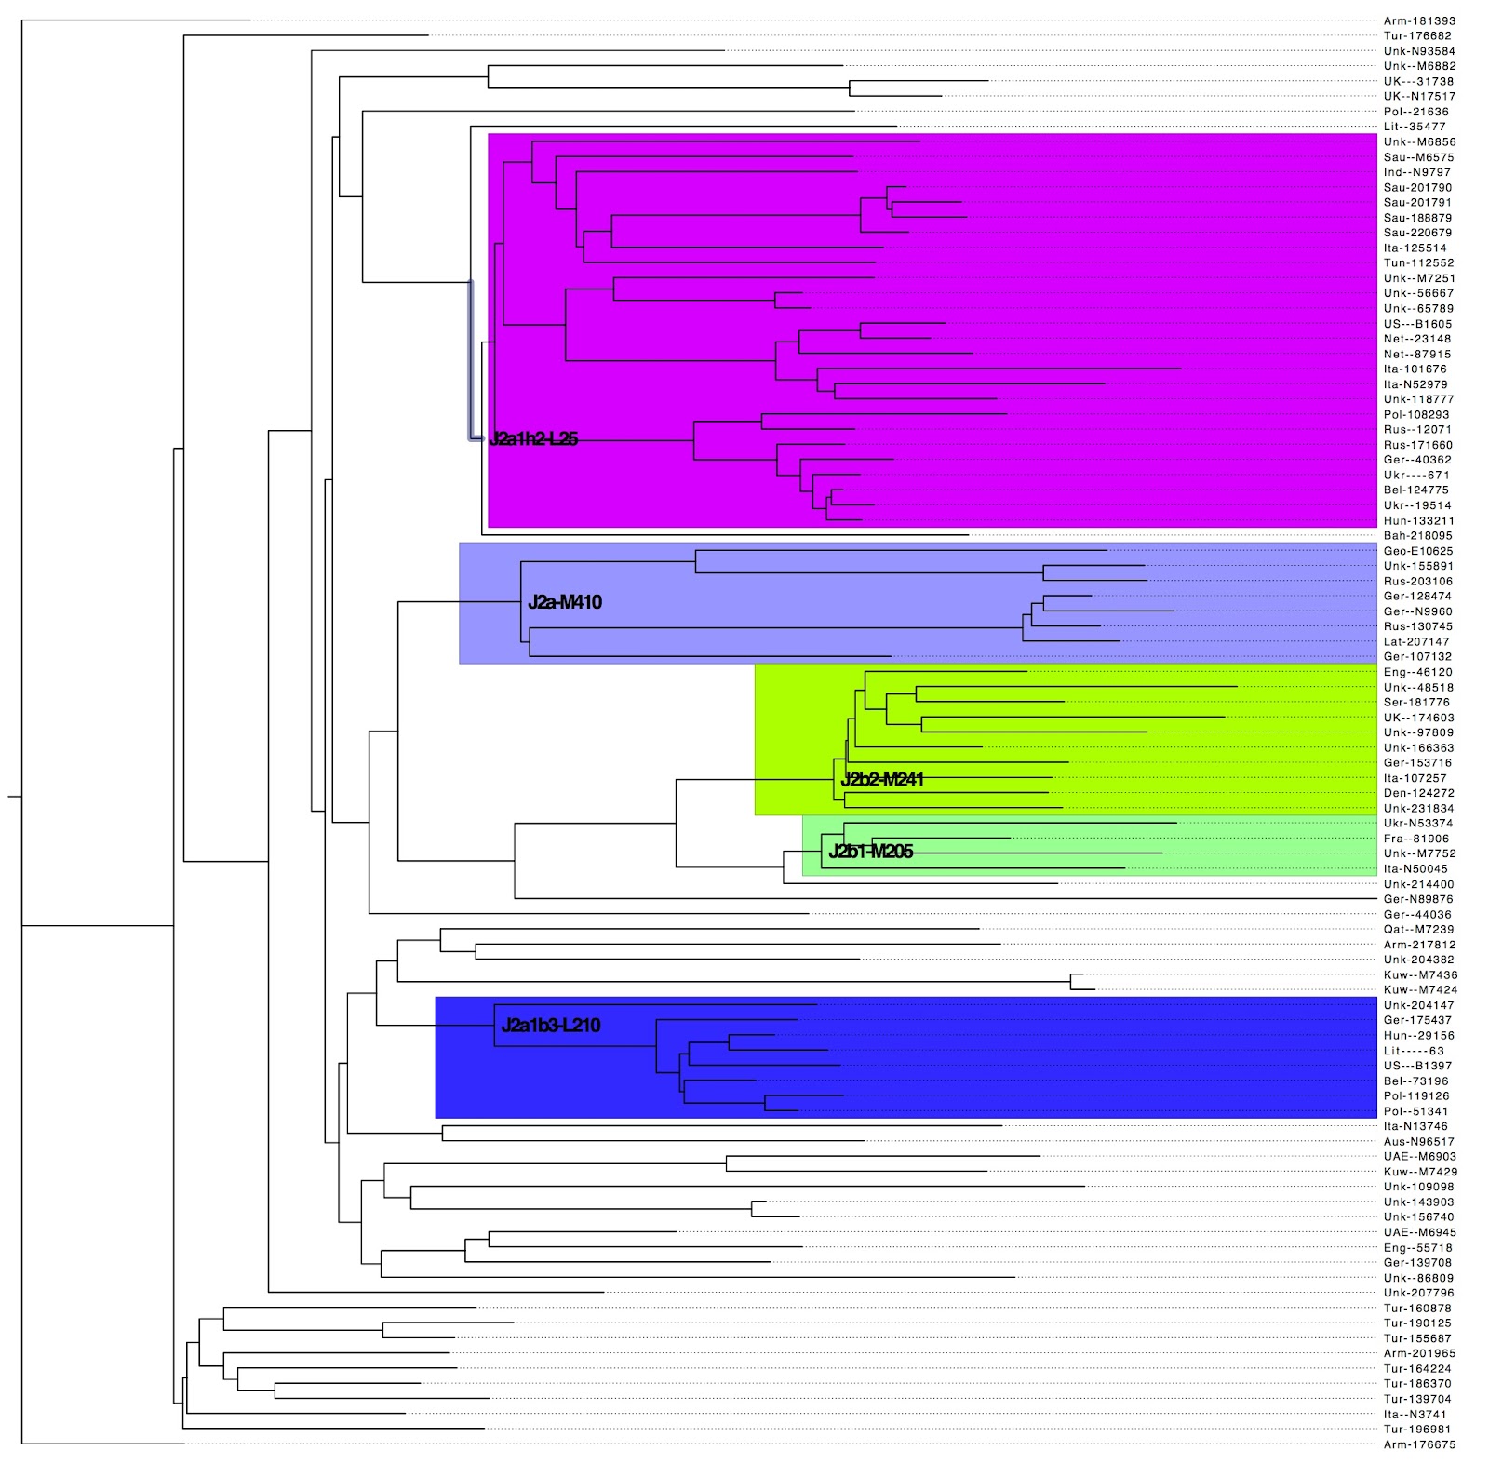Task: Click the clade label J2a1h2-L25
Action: pyautogui.click(x=533, y=439)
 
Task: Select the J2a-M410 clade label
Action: pyautogui.click(x=565, y=602)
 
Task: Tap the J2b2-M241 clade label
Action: pyautogui.click(x=882, y=780)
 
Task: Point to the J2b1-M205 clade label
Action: pyautogui.click(x=870, y=852)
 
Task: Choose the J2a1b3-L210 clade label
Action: pyautogui.click(x=551, y=1026)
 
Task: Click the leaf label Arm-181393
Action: pyautogui.click(x=1419, y=20)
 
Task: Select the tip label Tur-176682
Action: pyautogui.click(x=1417, y=36)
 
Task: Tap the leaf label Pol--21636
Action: pyautogui.click(x=1415, y=112)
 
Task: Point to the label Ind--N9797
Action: pyautogui.click(x=1416, y=172)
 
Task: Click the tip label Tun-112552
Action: pyautogui.click(x=1418, y=263)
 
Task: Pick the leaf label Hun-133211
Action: pyautogui.click(x=1418, y=521)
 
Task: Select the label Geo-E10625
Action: pyautogui.click(x=1417, y=551)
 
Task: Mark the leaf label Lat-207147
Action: pyautogui.click(x=1416, y=642)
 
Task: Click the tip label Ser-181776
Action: pyautogui.click(x=1416, y=703)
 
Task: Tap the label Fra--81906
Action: pyautogui.click(x=1415, y=839)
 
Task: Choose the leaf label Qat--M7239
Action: pyautogui.click(x=1418, y=930)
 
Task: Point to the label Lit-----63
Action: pyautogui.click(x=1414, y=1051)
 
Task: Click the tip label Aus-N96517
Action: pyautogui.click(x=1418, y=1142)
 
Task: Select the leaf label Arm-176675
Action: pyautogui.click(x=1419, y=1444)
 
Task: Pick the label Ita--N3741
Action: pyautogui.click(x=1415, y=1415)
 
